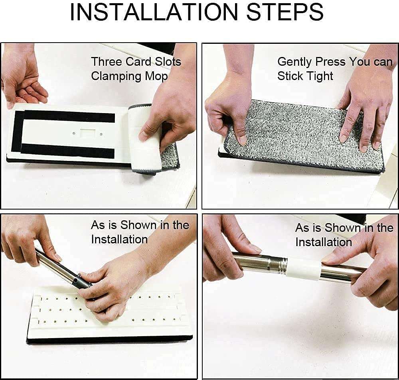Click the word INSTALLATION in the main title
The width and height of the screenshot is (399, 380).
(x=154, y=12)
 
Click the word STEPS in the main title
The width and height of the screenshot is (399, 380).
(x=285, y=12)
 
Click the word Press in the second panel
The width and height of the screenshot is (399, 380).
(x=330, y=61)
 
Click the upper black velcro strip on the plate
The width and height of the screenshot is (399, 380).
(x=69, y=116)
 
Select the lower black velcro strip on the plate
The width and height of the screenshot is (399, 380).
(x=67, y=150)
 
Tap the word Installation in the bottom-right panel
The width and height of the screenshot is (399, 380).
(x=324, y=242)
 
